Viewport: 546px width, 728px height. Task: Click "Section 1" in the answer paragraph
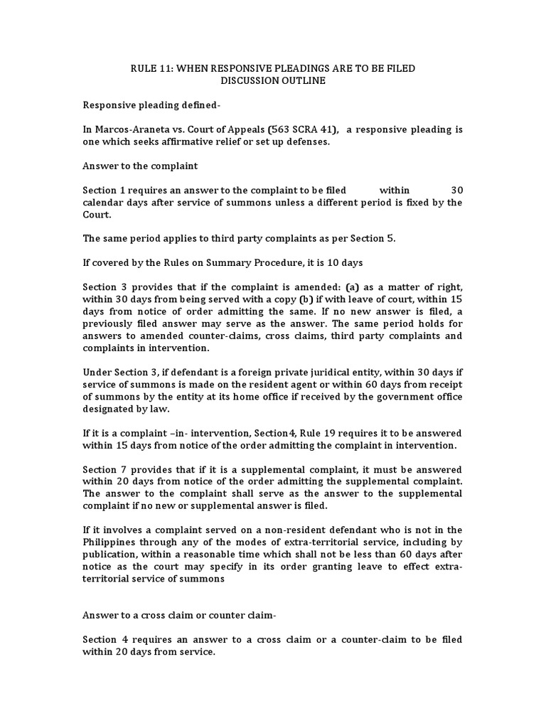tap(104, 190)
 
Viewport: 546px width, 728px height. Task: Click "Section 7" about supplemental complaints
tap(104, 469)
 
